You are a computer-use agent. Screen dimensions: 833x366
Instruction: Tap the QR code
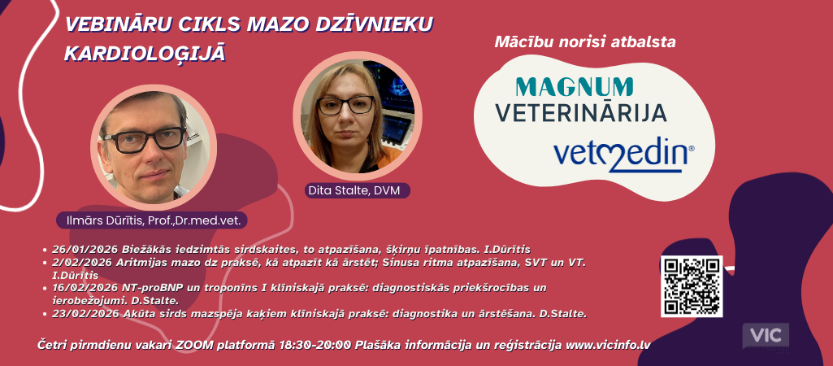point(691,286)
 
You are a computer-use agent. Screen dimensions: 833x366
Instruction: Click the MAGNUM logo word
point(575,87)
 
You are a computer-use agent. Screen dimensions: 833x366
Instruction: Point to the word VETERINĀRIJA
point(580,113)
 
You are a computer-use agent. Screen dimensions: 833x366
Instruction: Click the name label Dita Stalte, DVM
point(358,190)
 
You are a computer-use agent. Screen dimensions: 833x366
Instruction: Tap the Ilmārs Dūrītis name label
point(151,220)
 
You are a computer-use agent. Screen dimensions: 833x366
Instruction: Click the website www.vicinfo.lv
point(608,345)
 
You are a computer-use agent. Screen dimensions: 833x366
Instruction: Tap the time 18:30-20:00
point(315,345)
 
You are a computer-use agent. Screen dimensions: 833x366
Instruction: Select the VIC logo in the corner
point(766,336)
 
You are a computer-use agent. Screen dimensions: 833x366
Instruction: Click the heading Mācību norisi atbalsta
point(585,42)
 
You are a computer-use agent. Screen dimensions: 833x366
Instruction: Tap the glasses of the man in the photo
point(145,139)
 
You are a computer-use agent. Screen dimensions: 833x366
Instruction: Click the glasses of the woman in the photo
point(345,105)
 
